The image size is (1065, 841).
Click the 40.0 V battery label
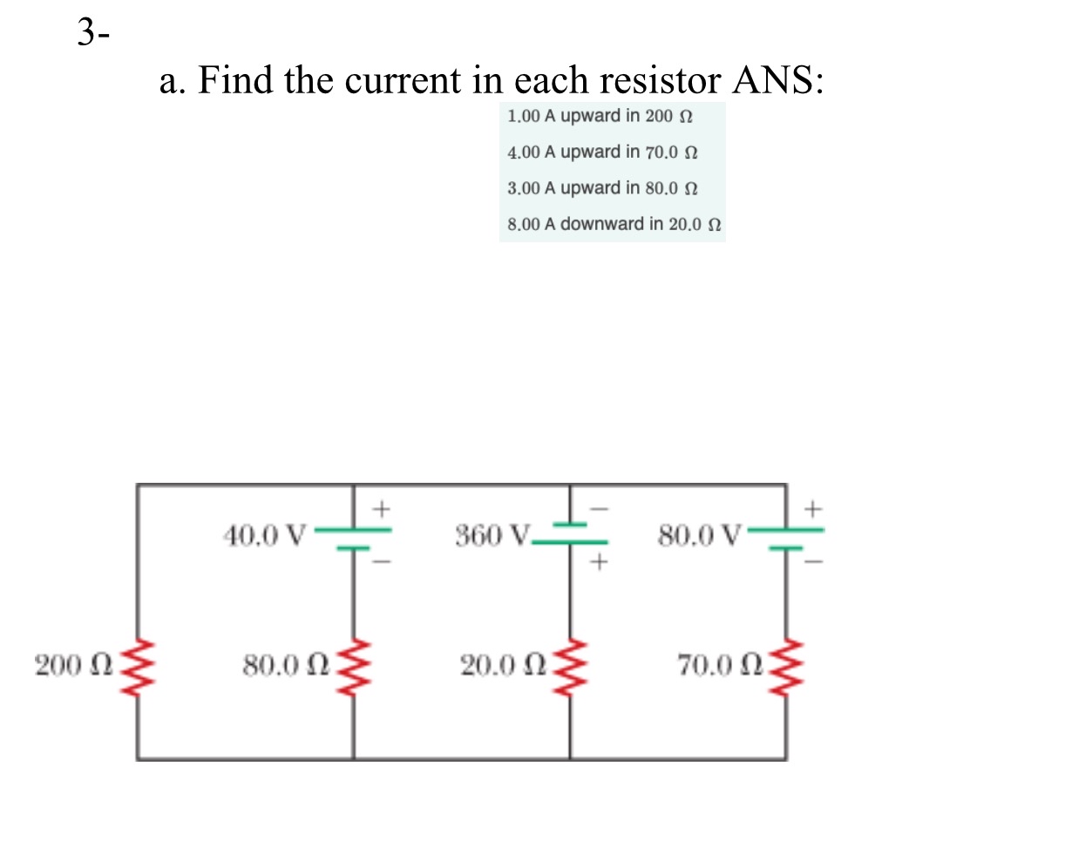265,533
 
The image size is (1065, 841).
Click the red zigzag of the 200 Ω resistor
137,667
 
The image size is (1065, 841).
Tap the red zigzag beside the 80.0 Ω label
353,667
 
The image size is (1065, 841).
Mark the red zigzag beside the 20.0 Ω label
571,667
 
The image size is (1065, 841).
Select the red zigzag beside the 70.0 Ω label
787,667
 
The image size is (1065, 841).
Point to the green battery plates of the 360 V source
571,532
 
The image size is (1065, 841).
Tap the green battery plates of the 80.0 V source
787,538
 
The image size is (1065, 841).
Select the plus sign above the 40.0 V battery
380,505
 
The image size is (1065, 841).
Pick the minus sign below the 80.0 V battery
813,562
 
